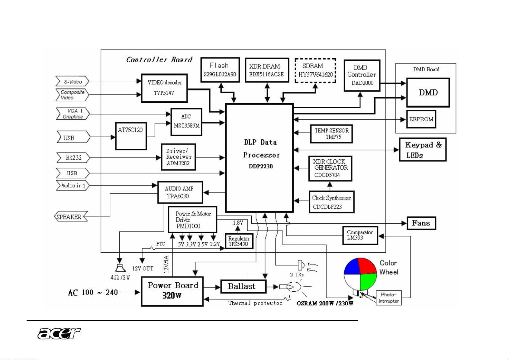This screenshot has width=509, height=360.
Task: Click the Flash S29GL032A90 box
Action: click(x=220, y=70)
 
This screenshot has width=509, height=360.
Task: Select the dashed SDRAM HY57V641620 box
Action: click(x=315, y=70)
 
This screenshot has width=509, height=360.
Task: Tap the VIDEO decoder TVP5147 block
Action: click(x=164, y=88)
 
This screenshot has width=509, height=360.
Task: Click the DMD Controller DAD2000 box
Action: click(x=362, y=75)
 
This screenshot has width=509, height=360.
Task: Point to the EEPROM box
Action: click(x=421, y=119)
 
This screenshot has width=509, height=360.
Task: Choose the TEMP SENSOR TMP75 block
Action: click(x=331, y=134)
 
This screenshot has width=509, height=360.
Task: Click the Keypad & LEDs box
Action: click(x=423, y=150)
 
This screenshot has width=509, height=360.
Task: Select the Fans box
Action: click(x=421, y=223)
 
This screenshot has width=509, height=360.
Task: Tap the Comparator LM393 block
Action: click(x=360, y=235)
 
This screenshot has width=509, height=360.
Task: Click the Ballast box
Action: click(x=243, y=286)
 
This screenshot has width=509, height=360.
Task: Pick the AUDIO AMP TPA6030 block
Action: click(x=180, y=193)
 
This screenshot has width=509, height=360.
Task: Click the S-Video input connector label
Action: click(x=72, y=82)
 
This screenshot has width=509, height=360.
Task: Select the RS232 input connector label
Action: click(x=73, y=157)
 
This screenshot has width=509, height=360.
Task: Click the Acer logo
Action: click(x=59, y=333)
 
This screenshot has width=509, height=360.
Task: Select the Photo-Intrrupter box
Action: click(x=388, y=298)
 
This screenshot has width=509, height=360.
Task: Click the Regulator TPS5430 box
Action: click(x=239, y=241)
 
